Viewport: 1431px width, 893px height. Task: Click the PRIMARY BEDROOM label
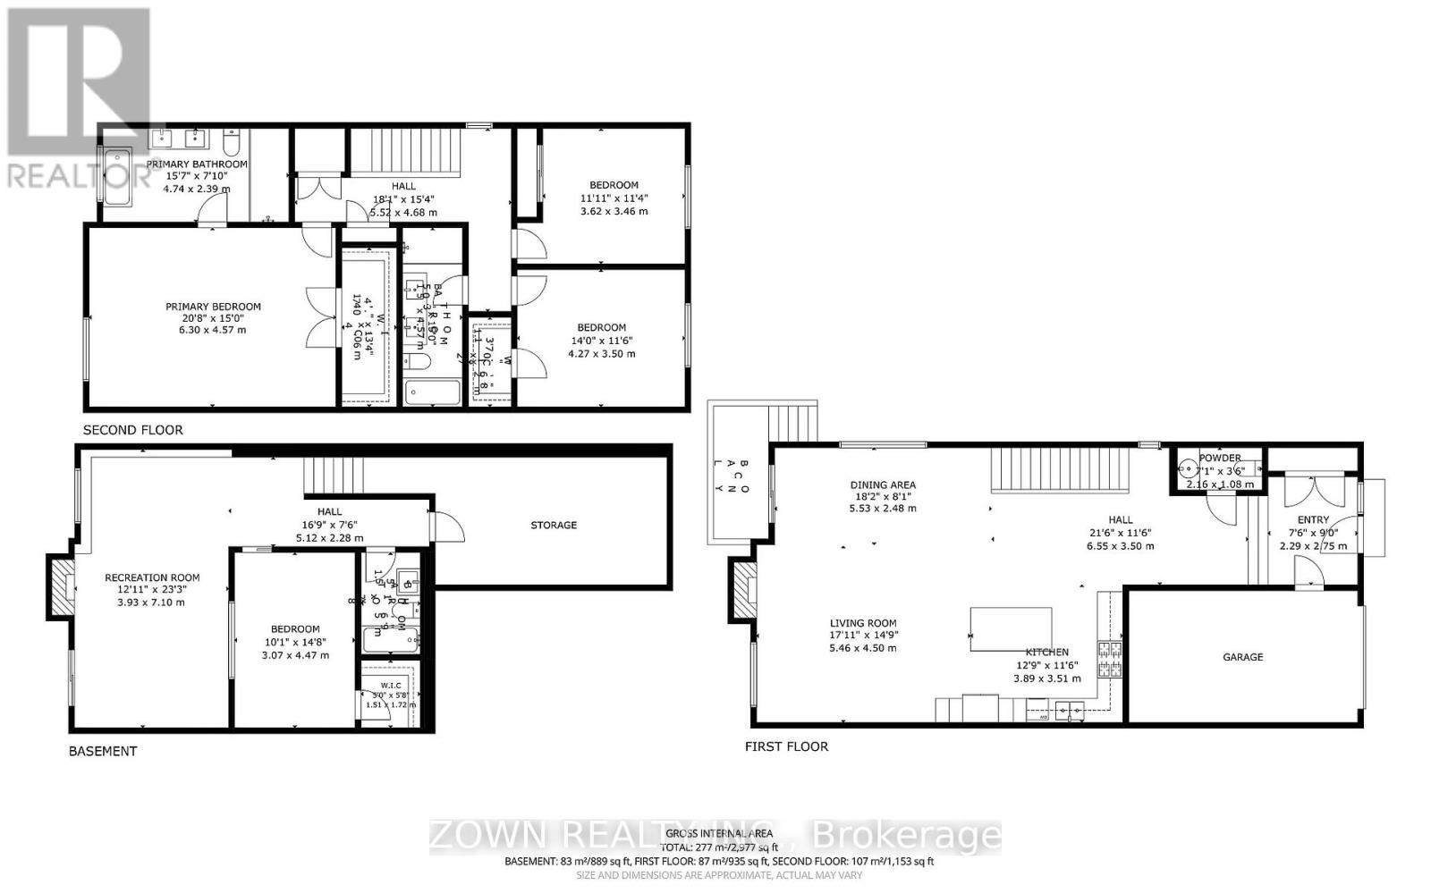[213, 307]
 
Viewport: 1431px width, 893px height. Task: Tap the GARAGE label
[1242, 657]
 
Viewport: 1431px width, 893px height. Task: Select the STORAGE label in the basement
[553, 525]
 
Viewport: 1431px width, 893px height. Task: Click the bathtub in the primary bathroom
[117, 177]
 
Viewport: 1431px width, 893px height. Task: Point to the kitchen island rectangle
[1011, 630]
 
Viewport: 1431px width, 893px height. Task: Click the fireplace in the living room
[744, 589]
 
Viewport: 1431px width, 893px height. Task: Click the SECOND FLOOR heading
[132, 430]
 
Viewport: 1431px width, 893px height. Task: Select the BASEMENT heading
[103, 751]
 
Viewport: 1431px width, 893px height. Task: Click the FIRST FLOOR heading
[786, 746]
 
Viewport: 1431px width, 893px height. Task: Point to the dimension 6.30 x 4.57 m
[213, 330]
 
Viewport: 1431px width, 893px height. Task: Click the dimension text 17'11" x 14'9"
[862, 636]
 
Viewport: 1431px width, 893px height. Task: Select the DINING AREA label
[883, 485]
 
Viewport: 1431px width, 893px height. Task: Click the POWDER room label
[1220, 458]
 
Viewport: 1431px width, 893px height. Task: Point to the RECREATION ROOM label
[152, 577]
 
